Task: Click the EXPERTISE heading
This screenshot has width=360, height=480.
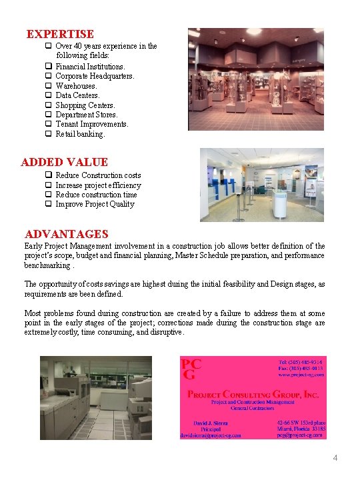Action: tap(60, 34)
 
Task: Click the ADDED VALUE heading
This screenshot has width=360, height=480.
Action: tap(64, 162)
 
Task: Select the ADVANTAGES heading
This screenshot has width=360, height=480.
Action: tap(66, 234)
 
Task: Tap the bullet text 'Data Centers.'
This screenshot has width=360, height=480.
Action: tap(77, 95)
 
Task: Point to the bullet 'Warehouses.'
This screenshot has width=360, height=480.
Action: tap(76, 86)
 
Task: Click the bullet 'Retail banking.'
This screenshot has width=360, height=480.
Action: tap(80, 134)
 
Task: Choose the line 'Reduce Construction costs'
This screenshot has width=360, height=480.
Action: tap(98, 175)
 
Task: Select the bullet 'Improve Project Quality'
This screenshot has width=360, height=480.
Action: tap(95, 204)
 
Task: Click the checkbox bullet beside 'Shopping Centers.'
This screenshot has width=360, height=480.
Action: tap(48, 105)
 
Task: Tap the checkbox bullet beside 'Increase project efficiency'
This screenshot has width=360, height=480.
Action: tap(48, 185)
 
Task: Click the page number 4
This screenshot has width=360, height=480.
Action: tap(335, 458)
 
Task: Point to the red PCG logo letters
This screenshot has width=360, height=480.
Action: tap(191, 369)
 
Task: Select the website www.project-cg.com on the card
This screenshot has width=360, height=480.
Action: tap(301, 375)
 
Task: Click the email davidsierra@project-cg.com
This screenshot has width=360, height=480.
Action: tap(210, 435)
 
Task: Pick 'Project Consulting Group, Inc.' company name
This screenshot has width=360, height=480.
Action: tap(253, 394)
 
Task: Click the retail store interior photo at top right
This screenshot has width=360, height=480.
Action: tap(256, 79)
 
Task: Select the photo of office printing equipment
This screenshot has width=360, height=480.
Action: tap(105, 397)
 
